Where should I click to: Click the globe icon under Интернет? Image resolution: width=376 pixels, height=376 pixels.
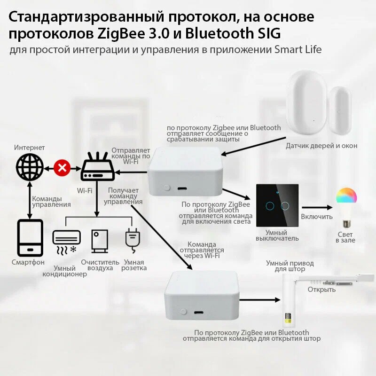(x=29, y=167)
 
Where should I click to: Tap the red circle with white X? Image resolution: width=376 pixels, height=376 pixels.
(x=62, y=167)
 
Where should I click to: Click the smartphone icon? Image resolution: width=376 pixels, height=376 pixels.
(x=31, y=237)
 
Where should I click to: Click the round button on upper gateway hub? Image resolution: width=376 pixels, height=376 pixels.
(x=166, y=188)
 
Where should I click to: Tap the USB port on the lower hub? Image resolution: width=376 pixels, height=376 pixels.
(x=199, y=312)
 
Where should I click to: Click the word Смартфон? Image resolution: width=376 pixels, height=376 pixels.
(x=28, y=262)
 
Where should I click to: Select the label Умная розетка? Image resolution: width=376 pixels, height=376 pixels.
(x=134, y=265)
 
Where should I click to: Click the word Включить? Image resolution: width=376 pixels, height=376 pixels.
(x=317, y=217)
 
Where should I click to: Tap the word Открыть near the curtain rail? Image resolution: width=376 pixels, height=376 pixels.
(x=321, y=290)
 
